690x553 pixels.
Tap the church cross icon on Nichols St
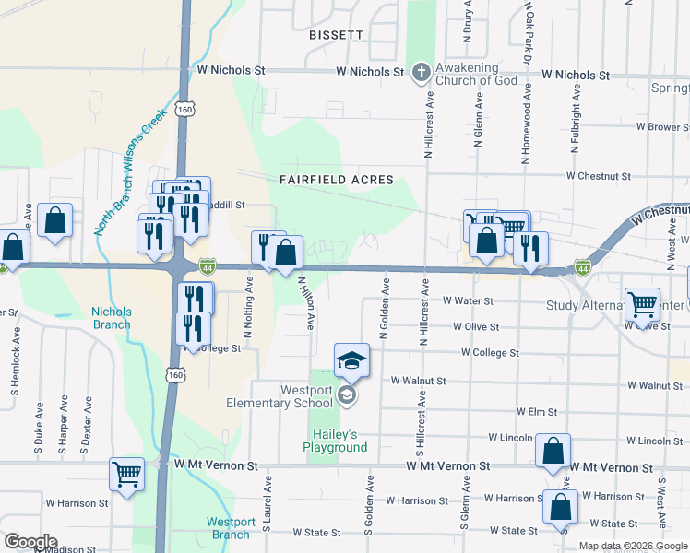421,72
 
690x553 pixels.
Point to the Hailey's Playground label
335,441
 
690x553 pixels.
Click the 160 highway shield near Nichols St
186,108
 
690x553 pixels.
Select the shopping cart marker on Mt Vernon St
127,475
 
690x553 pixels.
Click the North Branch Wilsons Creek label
131,174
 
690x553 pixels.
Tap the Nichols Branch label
111,318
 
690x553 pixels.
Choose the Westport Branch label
230,528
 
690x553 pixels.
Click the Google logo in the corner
30,542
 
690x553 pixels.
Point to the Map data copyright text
634,546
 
